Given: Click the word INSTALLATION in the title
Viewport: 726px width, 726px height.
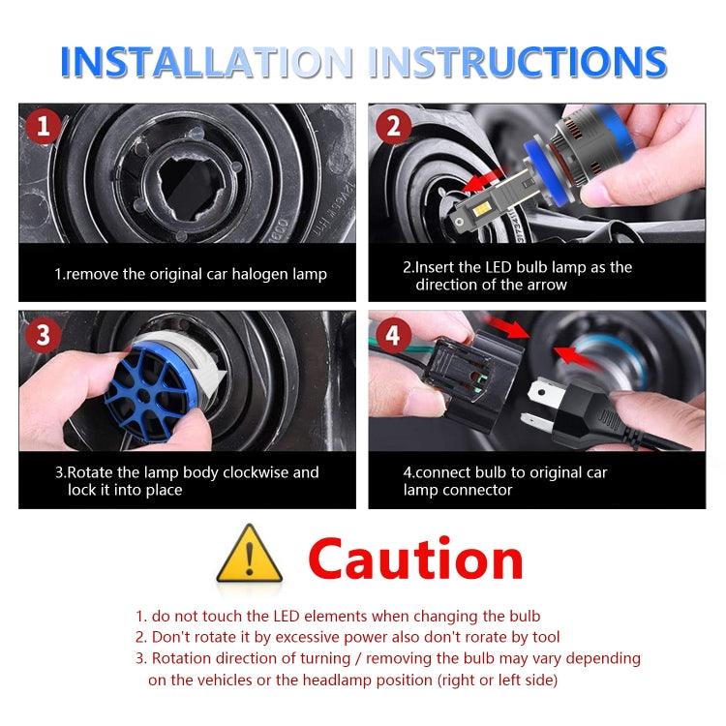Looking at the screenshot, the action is click(207, 62).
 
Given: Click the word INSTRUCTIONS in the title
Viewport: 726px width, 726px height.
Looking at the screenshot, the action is click(518, 62).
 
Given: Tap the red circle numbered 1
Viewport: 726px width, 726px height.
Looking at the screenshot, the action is click(43, 127).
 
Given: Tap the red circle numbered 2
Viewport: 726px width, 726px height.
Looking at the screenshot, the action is click(394, 127).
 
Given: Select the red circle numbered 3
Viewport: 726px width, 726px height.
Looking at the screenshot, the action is click(43, 335).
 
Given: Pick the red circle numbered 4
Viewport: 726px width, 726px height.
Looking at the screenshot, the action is click(393, 335).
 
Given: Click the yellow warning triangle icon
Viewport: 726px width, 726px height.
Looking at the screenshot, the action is click(250, 554).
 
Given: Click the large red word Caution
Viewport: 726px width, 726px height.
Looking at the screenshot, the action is click(416, 559).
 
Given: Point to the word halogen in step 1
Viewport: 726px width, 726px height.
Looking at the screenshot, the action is click(259, 275).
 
